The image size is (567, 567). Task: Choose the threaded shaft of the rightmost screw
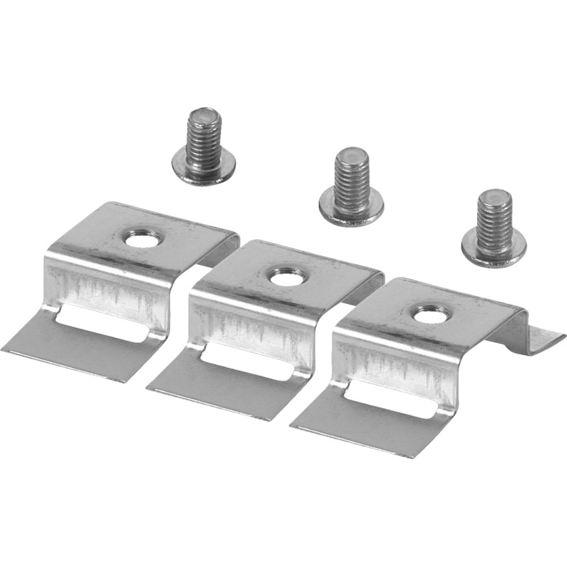(x=493, y=220)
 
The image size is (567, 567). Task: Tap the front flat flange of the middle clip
(x=213, y=390)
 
